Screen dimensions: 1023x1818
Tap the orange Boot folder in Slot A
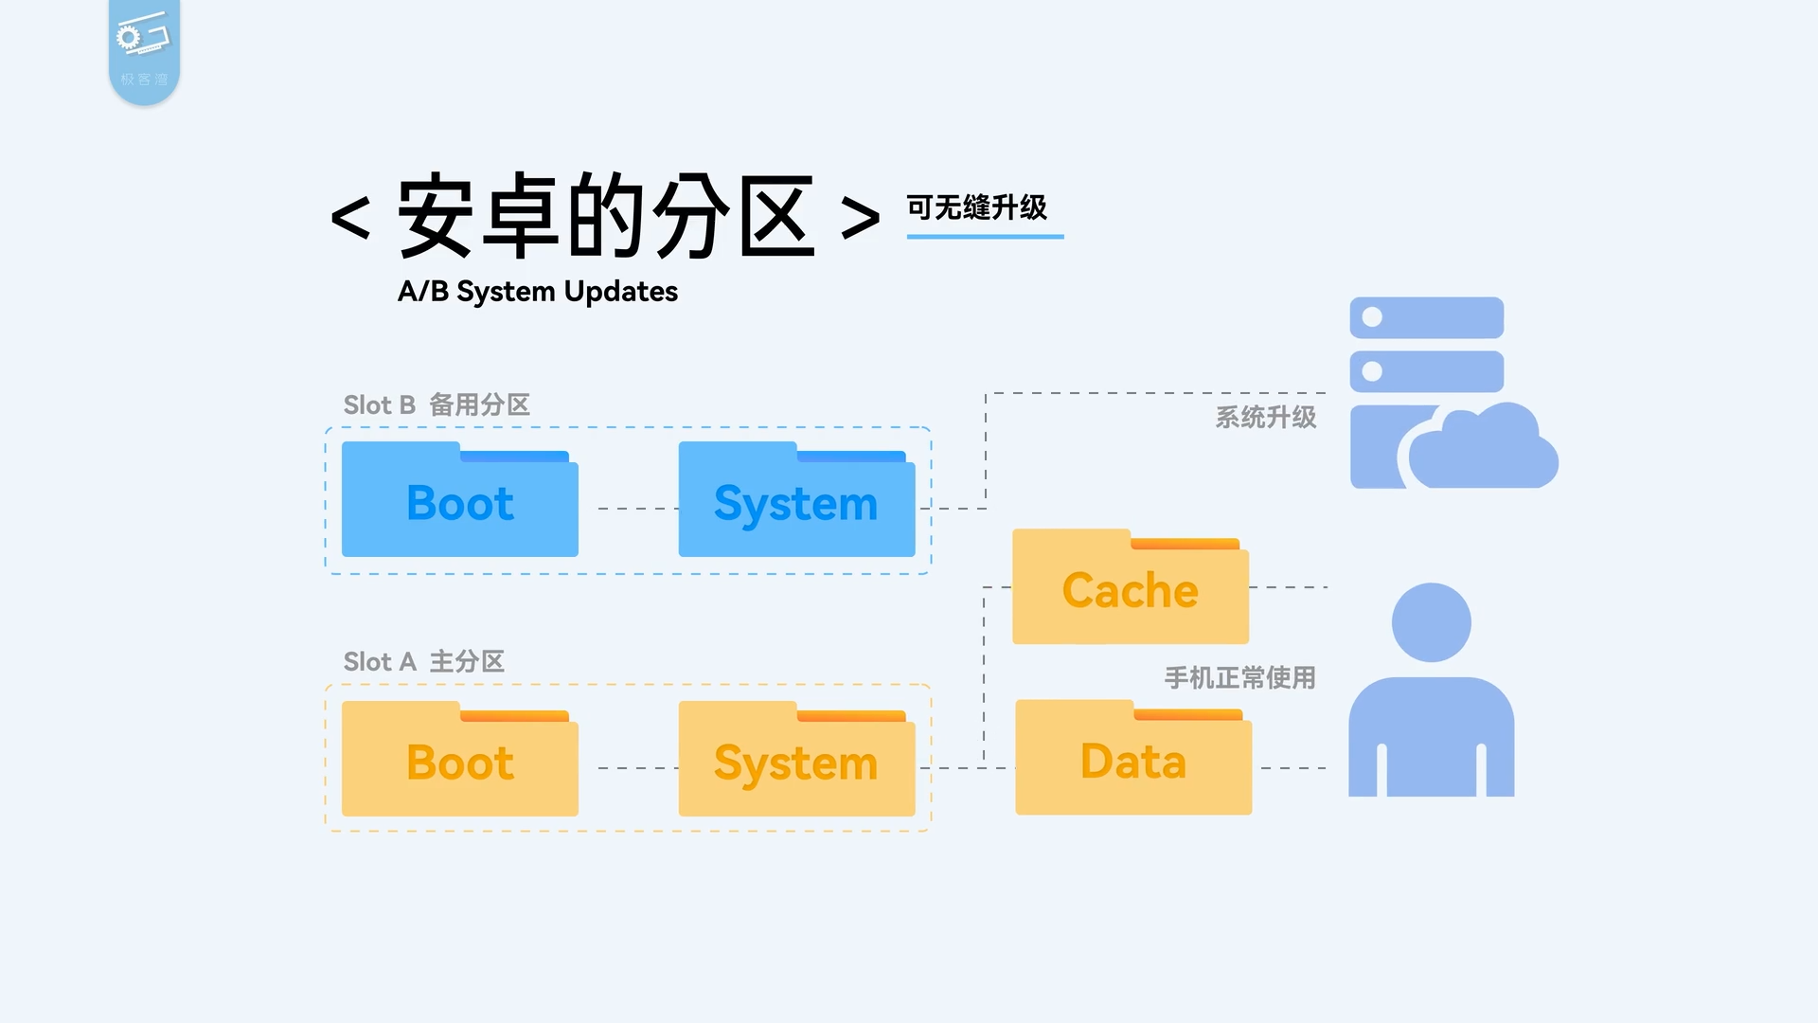click(459, 762)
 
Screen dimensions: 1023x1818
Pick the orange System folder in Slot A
click(796, 762)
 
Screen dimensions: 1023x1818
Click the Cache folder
click(1130, 589)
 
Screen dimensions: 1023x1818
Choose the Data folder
click(1132, 760)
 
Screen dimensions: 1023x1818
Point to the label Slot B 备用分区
click(437, 404)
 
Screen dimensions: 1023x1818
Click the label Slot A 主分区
click(423, 661)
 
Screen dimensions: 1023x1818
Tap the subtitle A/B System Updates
click(537, 291)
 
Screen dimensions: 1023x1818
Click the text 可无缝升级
click(976, 206)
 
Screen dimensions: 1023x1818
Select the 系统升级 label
click(1265, 417)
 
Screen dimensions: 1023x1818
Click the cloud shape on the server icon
click(1482, 450)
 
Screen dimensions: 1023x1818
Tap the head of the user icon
click(1431, 622)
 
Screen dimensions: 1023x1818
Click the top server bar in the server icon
click(1426, 317)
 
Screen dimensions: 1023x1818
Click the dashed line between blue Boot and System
click(637, 509)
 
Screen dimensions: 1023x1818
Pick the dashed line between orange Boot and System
click(637, 768)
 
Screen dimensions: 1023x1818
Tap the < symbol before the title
click(349, 218)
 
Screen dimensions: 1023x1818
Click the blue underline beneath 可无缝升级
click(985, 236)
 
